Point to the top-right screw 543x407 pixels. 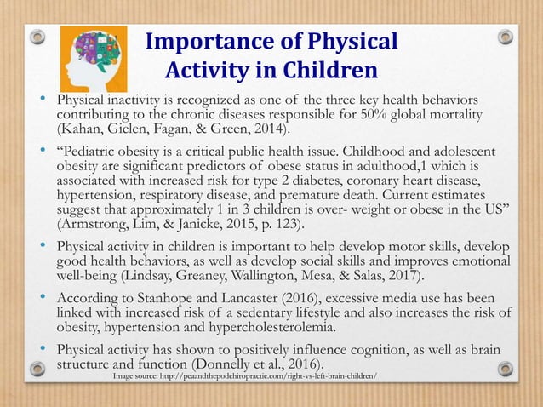click(506, 37)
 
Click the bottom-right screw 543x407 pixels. click(506, 369)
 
